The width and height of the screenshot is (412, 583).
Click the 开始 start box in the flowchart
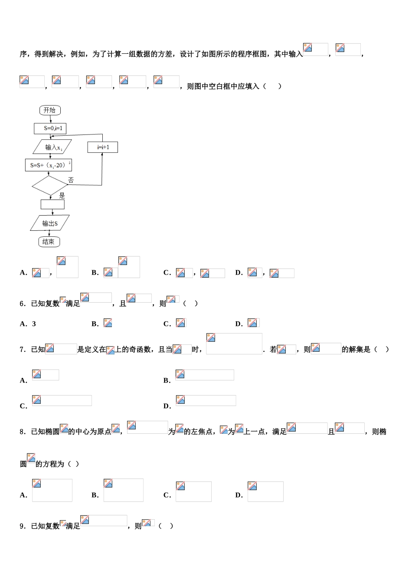[x=50, y=110]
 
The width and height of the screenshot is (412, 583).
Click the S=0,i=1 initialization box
[x=50, y=128]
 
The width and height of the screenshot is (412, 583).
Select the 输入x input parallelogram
[x=52, y=147]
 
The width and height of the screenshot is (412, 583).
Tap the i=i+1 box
[x=103, y=147]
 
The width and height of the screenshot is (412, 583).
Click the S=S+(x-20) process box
[x=48, y=165]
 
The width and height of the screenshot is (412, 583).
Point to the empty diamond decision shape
[x=50, y=186]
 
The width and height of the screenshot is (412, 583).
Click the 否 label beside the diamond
[x=71, y=180]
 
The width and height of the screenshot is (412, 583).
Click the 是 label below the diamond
[x=62, y=196]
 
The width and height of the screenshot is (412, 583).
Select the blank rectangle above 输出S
[x=52, y=204]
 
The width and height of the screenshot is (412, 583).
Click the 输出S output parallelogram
[x=50, y=223]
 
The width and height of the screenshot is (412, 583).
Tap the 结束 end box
[x=49, y=242]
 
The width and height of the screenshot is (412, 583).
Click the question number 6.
[x=23, y=304]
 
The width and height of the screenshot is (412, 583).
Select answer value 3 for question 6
[x=34, y=324]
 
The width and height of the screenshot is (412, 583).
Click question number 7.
[x=23, y=350]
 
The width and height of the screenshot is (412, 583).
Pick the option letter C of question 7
[x=23, y=406]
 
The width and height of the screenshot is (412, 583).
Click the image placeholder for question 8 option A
[x=52, y=490]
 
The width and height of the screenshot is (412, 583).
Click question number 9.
[x=23, y=526]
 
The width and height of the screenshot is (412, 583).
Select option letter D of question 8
[x=239, y=495]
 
